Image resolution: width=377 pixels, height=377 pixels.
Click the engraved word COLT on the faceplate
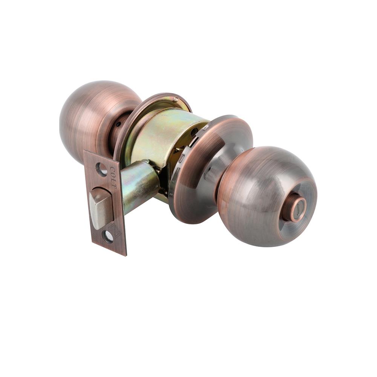coord(113,177)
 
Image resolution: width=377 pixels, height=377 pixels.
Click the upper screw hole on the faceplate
coord(101,169)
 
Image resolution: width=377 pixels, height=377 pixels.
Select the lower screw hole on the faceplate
coord(107,237)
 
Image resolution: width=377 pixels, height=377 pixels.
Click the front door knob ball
coord(267,196)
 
